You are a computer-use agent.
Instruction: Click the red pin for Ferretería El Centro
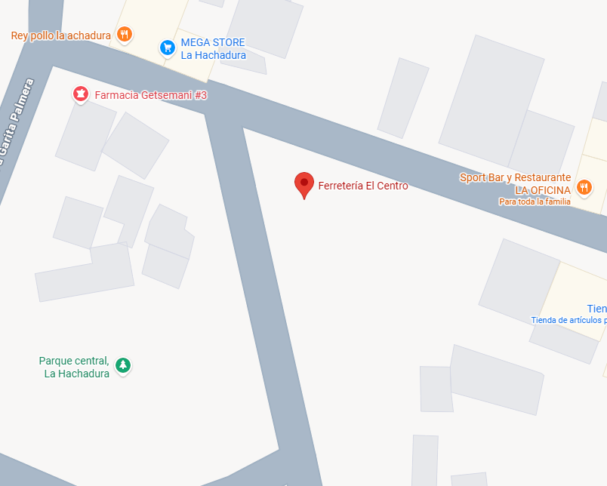click(x=303, y=183)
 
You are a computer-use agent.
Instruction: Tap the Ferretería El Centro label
click(x=362, y=186)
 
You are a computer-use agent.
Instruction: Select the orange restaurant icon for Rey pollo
click(x=125, y=34)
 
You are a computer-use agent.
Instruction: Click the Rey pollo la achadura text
click(x=60, y=35)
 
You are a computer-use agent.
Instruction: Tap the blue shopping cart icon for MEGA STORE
click(x=168, y=48)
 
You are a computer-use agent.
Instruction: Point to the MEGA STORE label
click(x=213, y=43)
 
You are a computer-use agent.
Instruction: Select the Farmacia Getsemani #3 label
click(x=150, y=95)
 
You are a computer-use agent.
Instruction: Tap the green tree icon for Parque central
click(x=123, y=366)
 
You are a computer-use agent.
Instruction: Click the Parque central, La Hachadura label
click(x=74, y=367)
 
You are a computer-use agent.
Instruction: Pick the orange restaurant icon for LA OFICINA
click(x=584, y=187)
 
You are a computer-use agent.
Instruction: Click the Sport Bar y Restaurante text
click(x=515, y=177)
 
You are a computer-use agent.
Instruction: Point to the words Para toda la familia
click(x=535, y=201)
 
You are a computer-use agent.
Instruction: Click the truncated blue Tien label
click(x=596, y=309)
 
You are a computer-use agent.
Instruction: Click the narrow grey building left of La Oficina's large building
click(x=403, y=98)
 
